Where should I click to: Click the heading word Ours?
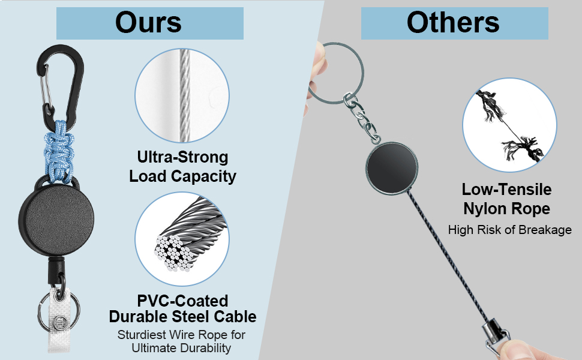[149, 23]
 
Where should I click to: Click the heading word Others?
[453, 23]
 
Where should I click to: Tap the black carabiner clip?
[59, 78]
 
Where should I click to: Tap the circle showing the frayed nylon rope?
[509, 125]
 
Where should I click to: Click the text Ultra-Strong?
[182, 158]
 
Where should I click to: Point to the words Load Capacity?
[182, 176]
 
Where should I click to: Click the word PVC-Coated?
[182, 301]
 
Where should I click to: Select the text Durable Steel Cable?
[182, 317]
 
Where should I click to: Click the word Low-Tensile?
[506, 190]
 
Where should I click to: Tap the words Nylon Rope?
[506, 208]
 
